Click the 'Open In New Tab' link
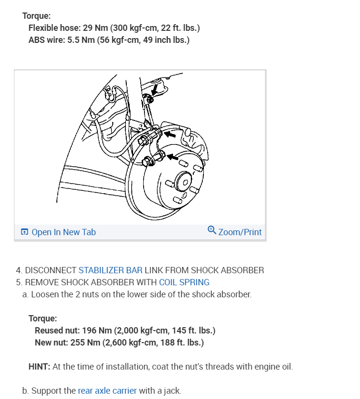pos(63,232)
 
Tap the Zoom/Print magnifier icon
pos(212,230)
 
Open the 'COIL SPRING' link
pos(184,282)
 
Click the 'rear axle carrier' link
pos(107,391)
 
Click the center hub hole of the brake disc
pos(183,182)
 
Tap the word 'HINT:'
pos(39,367)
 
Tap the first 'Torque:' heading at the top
pos(36,16)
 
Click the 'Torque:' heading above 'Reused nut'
pos(42,319)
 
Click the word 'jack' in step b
pos(171,391)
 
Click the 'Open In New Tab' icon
pos(25,232)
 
